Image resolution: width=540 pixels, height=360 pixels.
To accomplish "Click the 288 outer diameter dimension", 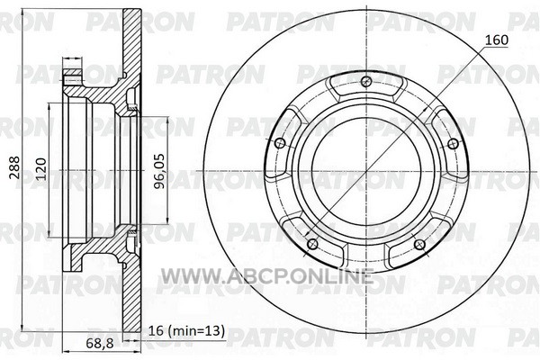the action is coord(14,167).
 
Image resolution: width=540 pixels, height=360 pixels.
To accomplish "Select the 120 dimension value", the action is coord(41,169).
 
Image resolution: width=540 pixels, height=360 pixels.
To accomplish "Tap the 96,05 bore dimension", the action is coord(159,171).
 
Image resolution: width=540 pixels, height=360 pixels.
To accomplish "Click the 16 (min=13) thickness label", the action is coord(186,330).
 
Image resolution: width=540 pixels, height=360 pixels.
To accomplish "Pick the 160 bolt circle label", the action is coord(496,40).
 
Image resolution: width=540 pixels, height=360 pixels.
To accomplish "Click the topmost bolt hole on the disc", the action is coord(366,81).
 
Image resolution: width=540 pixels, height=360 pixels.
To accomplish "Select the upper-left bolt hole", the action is coord(280,142).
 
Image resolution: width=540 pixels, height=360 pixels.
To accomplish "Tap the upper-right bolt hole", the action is coord(454,144).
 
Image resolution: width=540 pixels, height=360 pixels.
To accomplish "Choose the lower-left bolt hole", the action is coord(312,244).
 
